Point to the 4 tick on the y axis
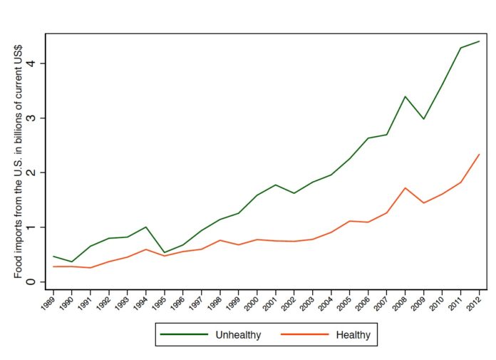point(33,63)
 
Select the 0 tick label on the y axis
point(33,282)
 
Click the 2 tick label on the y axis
point(33,173)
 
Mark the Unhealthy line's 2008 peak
point(405,96)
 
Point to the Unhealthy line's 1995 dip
point(164,252)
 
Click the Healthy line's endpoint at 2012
point(479,154)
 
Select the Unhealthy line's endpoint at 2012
point(479,41)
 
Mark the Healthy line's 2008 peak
point(405,187)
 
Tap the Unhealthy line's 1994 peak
point(145,227)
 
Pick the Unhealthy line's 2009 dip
point(423,118)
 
